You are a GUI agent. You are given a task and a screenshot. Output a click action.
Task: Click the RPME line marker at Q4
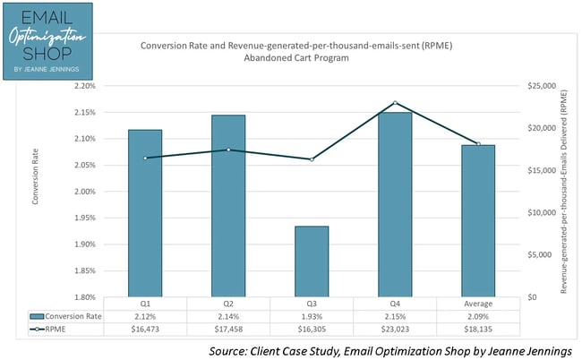[x=395, y=103]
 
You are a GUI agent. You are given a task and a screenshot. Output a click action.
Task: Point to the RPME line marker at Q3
[x=311, y=159]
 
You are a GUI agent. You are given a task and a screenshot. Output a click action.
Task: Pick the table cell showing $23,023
[x=395, y=329]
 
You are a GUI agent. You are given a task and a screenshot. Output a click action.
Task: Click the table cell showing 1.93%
[x=311, y=316]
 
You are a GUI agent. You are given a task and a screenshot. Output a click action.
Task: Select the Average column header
[x=478, y=304]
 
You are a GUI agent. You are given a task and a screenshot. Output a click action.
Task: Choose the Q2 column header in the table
[x=228, y=304]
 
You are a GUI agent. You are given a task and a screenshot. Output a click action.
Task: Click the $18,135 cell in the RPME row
[x=478, y=329]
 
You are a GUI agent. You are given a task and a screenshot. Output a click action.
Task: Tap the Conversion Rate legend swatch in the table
[x=36, y=316]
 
